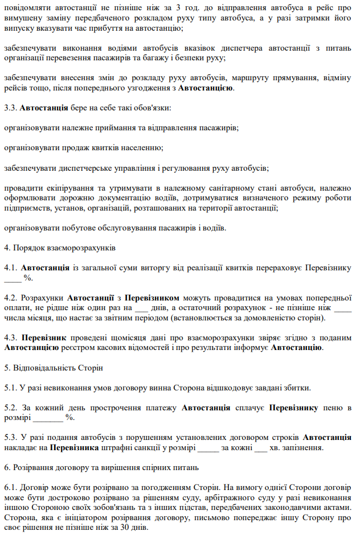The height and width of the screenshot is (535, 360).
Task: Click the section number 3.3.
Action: click(10, 108)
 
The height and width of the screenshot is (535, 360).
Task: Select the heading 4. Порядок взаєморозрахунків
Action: click(60, 248)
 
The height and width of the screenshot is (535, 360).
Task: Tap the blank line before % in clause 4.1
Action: click(13, 277)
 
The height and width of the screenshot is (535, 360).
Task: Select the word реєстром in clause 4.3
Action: click(84, 347)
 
